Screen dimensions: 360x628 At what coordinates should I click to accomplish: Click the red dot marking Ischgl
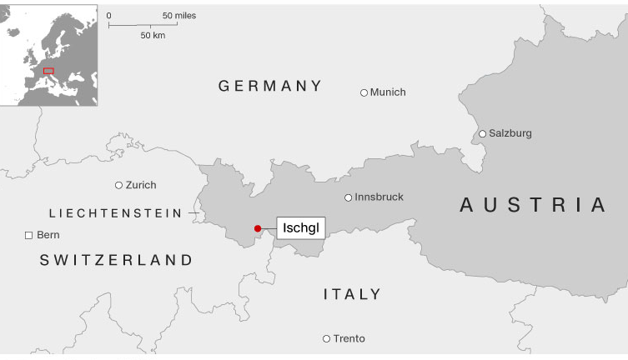258,228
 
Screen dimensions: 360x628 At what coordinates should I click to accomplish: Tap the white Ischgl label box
301,227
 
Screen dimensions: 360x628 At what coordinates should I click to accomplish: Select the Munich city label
388,92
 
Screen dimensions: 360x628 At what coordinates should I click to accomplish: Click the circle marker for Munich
364,92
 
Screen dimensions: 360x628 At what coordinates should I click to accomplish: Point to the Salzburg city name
510,133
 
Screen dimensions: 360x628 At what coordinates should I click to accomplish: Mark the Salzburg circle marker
482,133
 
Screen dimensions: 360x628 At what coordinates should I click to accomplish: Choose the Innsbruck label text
379,197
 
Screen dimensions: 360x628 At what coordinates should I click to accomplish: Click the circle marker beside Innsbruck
349,197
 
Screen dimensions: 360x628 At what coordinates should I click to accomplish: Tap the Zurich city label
141,185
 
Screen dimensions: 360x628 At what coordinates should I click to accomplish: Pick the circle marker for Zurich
118,185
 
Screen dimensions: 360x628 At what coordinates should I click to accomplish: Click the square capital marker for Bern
28,236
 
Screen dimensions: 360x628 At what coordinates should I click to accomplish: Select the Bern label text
48,236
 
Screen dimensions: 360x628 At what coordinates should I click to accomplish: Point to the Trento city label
349,339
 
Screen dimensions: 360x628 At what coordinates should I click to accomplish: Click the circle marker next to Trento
326,338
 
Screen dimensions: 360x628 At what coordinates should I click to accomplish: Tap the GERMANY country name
269,86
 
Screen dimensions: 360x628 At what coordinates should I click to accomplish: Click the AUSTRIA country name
534,205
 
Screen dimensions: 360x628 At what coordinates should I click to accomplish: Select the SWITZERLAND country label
116,261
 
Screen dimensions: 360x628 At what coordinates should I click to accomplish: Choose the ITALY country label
352,294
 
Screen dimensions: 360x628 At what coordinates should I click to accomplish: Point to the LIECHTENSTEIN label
115,213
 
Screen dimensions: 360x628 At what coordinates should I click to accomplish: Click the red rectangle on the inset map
48,72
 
